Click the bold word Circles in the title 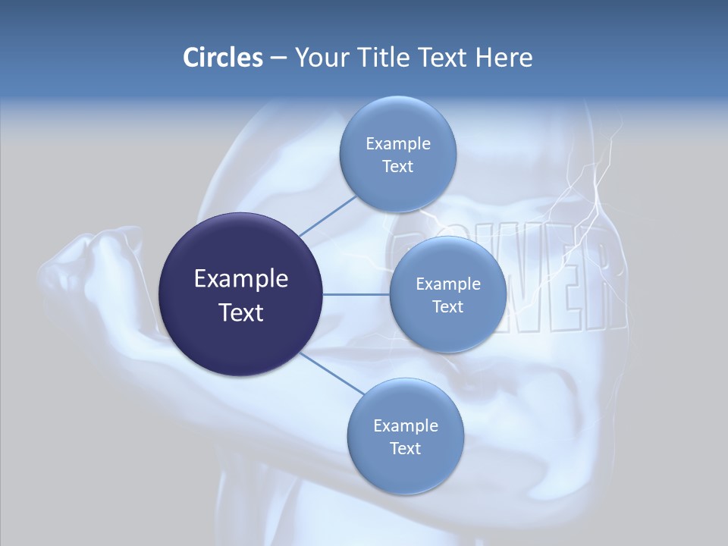[x=222, y=58]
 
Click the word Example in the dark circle [x=240, y=279]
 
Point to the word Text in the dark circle [x=240, y=312]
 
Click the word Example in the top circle [x=397, y=144]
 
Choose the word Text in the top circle [x=397, y=167]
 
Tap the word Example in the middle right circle [x=447, y=284]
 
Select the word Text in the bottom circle [x=405, y=449]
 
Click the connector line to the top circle [x=327, y=215]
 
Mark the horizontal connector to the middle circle [x=356, y=294]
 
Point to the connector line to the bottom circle [x=331, y=373]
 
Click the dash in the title [x=278, y=58]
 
